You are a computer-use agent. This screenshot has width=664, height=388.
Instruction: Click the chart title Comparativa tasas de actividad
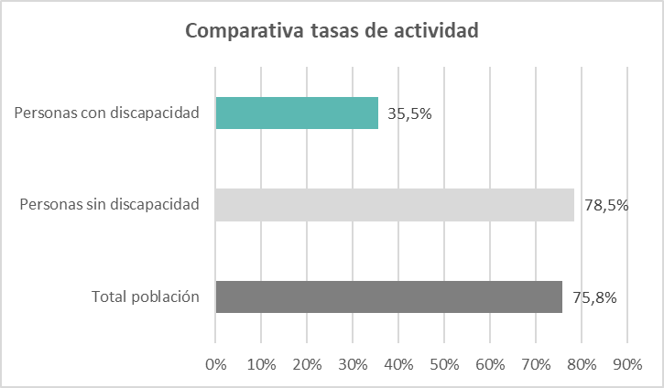pos(332,30)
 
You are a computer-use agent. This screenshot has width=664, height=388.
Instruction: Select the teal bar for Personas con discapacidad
pos(297,113)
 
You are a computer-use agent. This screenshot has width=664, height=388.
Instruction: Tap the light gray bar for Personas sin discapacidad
pos(394,205)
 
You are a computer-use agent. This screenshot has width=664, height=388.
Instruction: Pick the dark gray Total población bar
pos(388,296)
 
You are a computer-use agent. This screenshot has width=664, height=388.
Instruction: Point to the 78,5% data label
pos(605,205)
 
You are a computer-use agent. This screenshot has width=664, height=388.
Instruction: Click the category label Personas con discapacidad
pos(107,113)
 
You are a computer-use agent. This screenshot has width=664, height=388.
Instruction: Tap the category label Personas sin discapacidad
pos(110,205)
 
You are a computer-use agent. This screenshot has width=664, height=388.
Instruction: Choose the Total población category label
pos(146,296)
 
